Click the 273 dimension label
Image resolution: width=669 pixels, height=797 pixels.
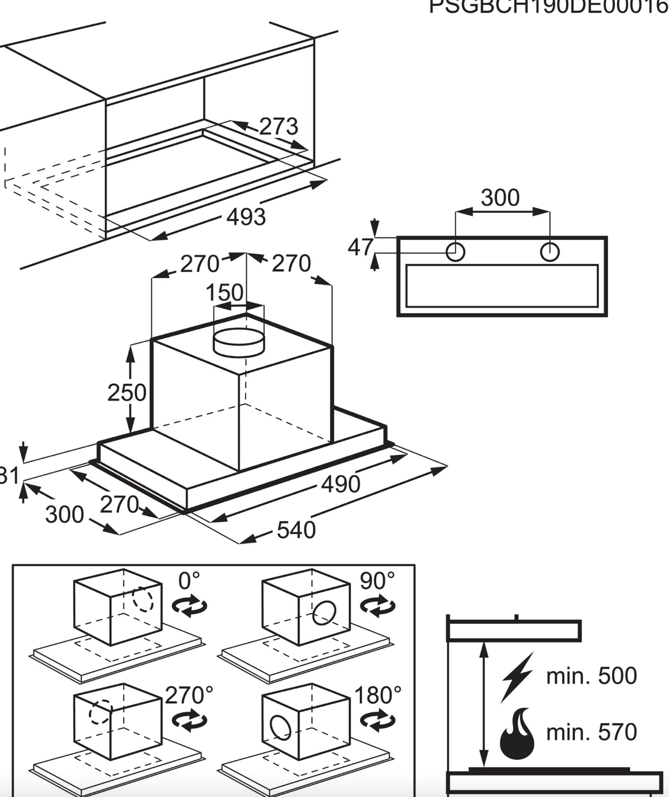tap(278, 127)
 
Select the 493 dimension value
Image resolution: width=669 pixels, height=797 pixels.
tap(246, 217)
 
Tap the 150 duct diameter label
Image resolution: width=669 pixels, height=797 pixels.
tap(225, 293)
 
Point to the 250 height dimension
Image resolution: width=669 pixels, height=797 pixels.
tap(127, 393)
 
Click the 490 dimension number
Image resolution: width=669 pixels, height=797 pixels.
tap(341, 484)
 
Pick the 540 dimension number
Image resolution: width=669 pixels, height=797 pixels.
tap(296, 530)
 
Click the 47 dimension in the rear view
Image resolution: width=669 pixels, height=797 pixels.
tap(360, 247)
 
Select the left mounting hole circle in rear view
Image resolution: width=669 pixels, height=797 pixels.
tap(455, 252)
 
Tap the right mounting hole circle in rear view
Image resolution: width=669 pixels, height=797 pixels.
tap(549, 252)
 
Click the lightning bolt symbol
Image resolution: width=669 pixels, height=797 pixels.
tap(517, 676)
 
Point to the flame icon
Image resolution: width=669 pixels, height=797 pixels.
tap(517, 733)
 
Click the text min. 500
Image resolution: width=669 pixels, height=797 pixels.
tap(591, 676)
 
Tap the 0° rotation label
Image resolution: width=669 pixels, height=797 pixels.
tap(189, 581)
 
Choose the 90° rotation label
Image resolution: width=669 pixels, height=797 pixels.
tap(377, 581)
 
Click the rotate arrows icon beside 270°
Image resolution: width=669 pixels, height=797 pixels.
tap(189, 721)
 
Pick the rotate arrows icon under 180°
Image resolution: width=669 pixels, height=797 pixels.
tap(377, 721)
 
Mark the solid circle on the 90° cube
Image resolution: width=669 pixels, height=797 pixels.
tap(324, 613)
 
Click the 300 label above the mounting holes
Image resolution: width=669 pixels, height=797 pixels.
tap(500, 198)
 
